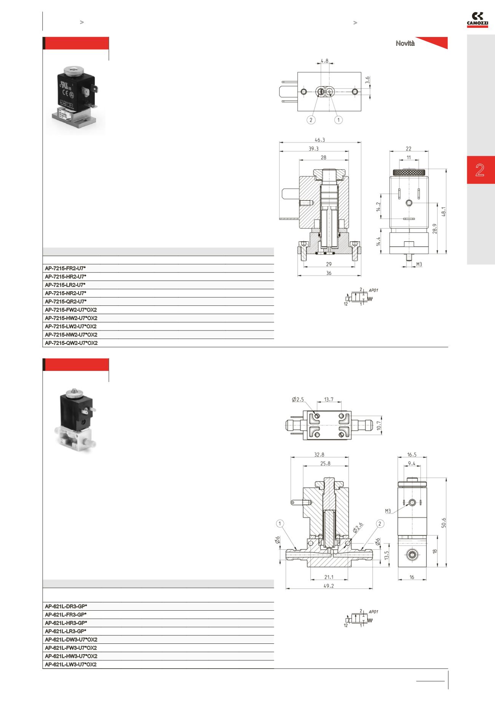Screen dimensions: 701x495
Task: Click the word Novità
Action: point(405,43)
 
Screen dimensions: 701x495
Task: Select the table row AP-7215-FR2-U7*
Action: point(65,268)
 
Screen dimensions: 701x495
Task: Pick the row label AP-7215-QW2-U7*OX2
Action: point(71,343)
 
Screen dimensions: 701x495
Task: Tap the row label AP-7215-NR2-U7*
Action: point(65,293)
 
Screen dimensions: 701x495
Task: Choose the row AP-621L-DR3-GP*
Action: point(66,606)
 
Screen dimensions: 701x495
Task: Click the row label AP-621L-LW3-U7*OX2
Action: point(71,664)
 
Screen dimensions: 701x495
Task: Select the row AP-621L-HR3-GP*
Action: point(66,623)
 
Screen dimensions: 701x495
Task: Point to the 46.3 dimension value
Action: point(320,140)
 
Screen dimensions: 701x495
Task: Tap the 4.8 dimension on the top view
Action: point(324,61)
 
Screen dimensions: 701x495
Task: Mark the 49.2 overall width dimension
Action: point(328,586)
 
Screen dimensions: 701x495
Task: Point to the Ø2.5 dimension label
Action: point(298,399)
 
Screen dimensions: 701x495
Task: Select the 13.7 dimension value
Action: point(328,399)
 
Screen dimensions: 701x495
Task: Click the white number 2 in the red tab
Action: point(480,170)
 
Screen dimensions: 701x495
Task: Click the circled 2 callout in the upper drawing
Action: point(311,120)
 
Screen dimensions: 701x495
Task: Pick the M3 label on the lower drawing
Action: point(388,512)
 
